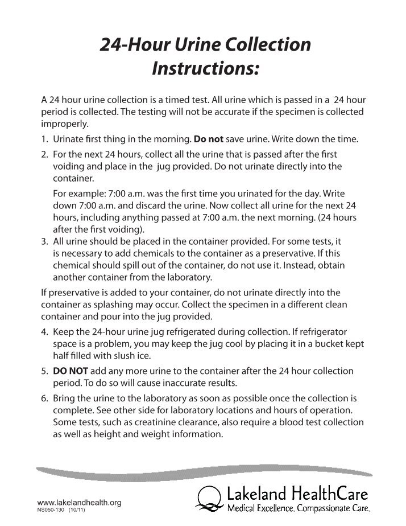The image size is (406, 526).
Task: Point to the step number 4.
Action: [x=44, y=331]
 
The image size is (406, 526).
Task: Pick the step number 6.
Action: [x=44, y=397]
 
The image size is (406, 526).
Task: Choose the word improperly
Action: [x=64, y=123]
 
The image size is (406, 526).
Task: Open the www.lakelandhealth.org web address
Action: [x=79, y=502]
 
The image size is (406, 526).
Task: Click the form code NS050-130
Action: [x=51, y=510]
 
